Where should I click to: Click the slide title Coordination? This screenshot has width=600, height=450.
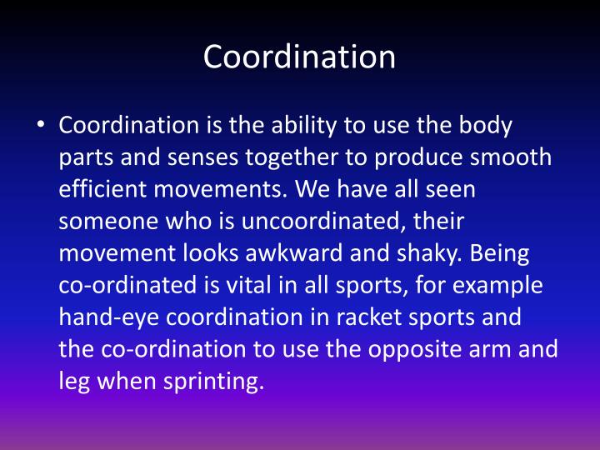(x=299, y=57)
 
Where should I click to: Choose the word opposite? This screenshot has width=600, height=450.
(x=402, y=347)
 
